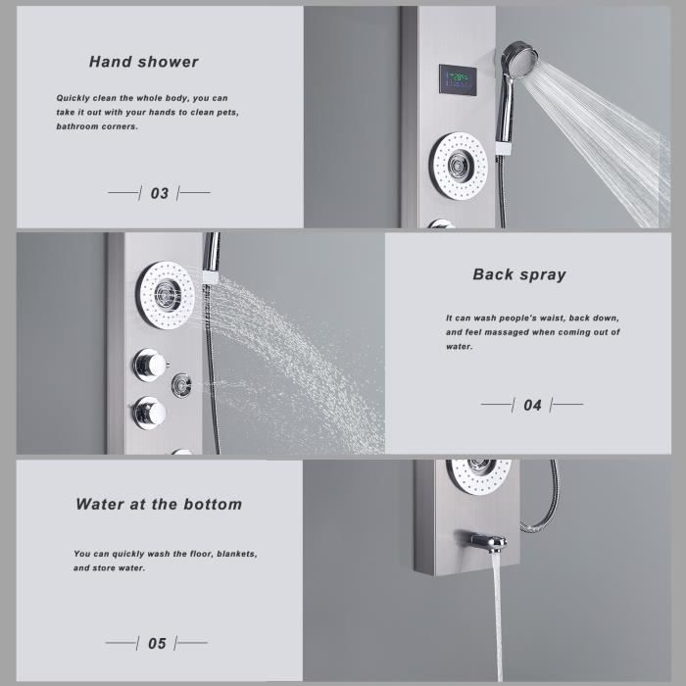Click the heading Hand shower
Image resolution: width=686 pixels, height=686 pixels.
coord(143,62)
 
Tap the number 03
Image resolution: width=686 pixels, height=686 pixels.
coord(159,193)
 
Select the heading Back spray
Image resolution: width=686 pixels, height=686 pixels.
coord(519,274)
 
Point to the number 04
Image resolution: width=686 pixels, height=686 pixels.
coord(532,404)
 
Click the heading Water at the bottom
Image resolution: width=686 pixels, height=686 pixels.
coord(159,505)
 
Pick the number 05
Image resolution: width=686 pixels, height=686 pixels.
coord(157,644)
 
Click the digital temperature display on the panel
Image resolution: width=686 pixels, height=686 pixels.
coord(458,79)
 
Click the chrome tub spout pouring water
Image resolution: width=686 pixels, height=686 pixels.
coord(486,541)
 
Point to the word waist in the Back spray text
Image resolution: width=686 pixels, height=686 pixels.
coord(545,318)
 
